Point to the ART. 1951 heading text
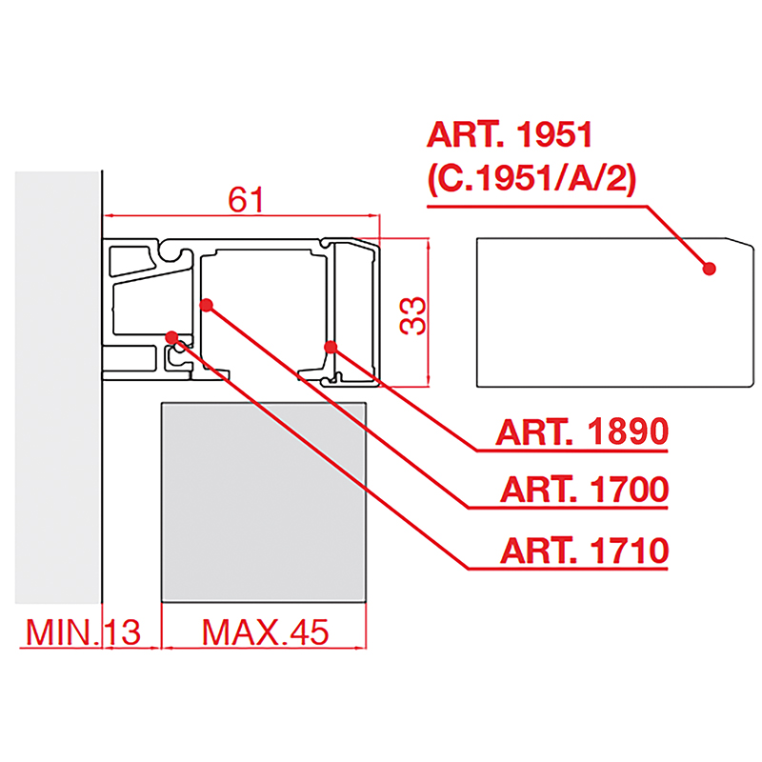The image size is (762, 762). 510,134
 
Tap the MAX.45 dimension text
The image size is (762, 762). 264,632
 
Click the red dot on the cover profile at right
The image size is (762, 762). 709,269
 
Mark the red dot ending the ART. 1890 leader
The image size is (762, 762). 331,347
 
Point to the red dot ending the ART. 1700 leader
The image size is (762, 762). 207,305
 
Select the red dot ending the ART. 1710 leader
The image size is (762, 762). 172,336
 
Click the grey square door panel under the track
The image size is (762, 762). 264,502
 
